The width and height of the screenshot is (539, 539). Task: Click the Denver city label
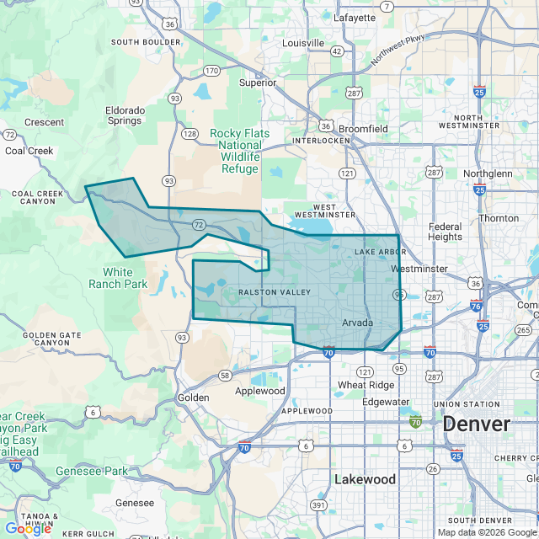pyautogui.click(x=477, y=424)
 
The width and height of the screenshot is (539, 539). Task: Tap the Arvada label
pyautogui.click(x=357, y=323)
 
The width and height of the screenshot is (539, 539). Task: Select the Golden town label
pyautogui.click(x=187, y=397)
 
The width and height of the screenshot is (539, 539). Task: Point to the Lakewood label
pyautogui.click(x=365, y=478)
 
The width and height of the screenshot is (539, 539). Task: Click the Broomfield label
pyautogui.click(x=364, y=129)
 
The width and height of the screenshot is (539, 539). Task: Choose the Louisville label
pyautogui.click(x=304, y=43)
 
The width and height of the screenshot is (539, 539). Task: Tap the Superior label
pyautogui.click(x=258, y=83)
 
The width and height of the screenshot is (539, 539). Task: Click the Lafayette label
pyautogui.click(x=355, y=17)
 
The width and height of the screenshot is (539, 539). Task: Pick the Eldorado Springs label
pyautogui.click(x=124, y=115)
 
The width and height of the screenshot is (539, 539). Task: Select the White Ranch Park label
pyautogui.click(x=125, y=278)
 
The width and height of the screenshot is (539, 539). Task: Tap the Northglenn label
pyautogui.click(x=482, y=173)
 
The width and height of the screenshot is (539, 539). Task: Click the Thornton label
pyautogui.click(x=499, y=218)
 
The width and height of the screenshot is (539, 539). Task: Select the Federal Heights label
pyautogui.click(x=445, y=232)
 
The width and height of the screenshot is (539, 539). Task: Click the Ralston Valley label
pyautogui.click(x=263, y=292)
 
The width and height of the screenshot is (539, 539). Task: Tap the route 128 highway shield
pyautogui.click(x=190, y=134)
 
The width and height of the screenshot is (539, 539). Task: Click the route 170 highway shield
pyautogui.click(x=211, y=70)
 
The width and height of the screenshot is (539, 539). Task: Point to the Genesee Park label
pyautogui.click(x=92, y=471)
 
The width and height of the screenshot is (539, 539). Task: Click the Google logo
pyautogui.click(x=28, y=528)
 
